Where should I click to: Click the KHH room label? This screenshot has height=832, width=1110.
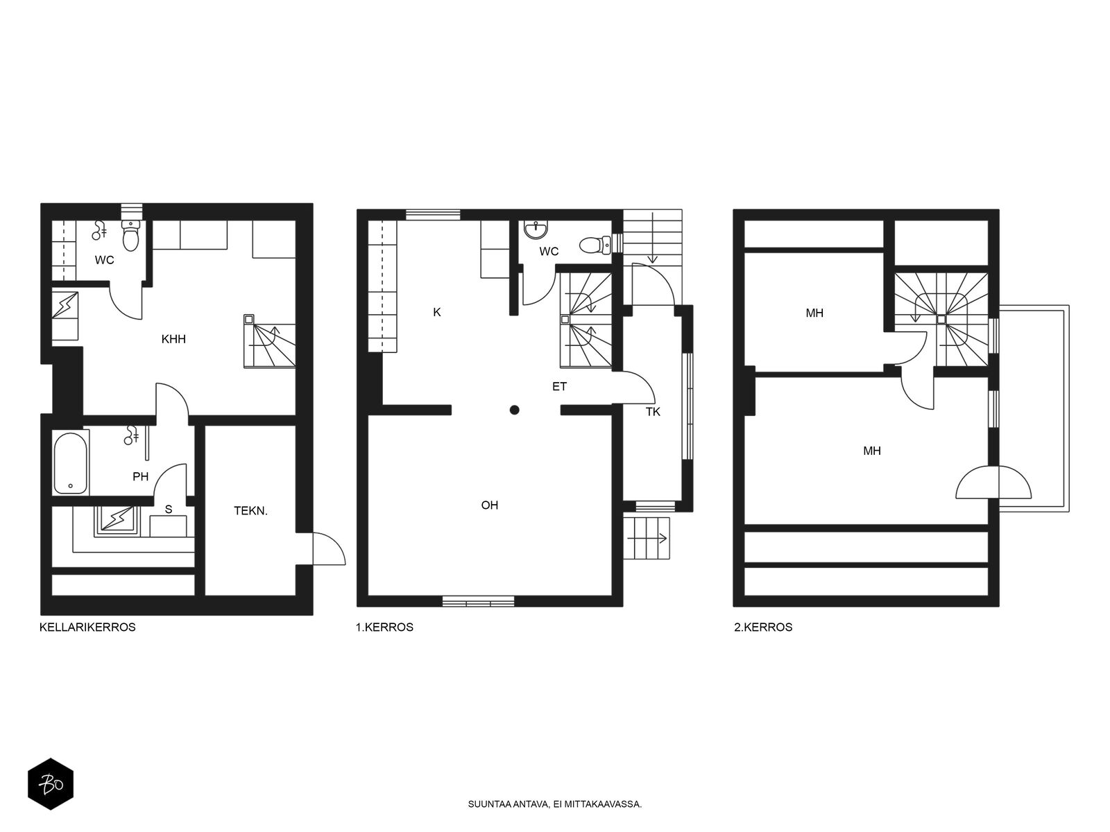click(x=173, y=339)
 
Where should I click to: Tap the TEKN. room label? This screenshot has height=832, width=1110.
click(x=251, y=511)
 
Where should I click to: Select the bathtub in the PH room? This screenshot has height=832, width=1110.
click(x=71, y=462)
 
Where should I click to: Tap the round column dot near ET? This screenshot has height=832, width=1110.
click(x=514, y=410)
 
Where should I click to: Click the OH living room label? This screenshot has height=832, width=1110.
click(x=490, y=505)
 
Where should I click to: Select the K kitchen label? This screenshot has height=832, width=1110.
click(x=437, y=312)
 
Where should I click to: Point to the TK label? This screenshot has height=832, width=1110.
click(x=653, y=412)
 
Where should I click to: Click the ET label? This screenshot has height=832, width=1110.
click(x=559, y=386)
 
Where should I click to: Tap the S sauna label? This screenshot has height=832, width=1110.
click(x=169, y=509)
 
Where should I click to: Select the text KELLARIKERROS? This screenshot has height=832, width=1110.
click(x=87, y=627)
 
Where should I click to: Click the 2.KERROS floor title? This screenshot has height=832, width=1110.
click(x=763, y=627)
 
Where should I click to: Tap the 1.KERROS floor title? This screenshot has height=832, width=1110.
click(x=384, y=627)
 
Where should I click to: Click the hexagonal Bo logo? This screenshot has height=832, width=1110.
click(x=51, y=784)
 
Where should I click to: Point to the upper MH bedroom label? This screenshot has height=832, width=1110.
click(x=814, y=313)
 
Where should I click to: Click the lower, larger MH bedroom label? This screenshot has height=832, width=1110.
click(x=872, y=451)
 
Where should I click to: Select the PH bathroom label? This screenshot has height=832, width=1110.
click(x=141, y=476)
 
